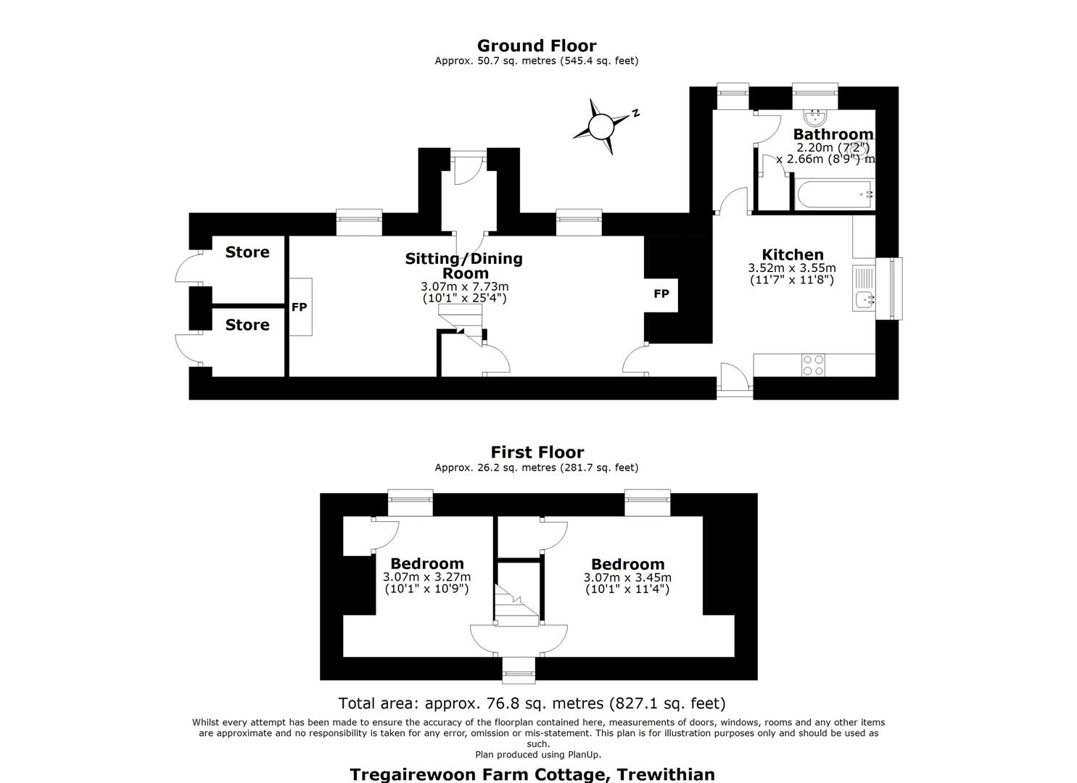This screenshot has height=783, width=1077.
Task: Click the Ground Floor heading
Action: pyautogui.click(x=537, y=46)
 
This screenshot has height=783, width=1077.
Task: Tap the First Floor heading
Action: pyautogui.click(x=537, y=452)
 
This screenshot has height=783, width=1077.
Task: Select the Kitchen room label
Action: pyautogui.click(x=793, y=254)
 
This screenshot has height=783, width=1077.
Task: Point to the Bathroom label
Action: pyautogui.click(x=833, y=134)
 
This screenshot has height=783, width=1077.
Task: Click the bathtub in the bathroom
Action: pyautogui.click(x=834, y=195)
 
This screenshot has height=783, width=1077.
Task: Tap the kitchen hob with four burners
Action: pyautogui.click(x=813, y=365)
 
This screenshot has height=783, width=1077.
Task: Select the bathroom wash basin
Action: pyautogui.click(x=815, y=117)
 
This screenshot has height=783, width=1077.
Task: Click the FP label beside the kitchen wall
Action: pyautogui.click(x=661, y=294)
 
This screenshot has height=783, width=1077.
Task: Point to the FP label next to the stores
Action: pyautogui.click(x=299, y=307)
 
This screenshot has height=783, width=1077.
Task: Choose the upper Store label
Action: pyautogui.click(x=247, y=252)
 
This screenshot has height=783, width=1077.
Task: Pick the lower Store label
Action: pyautogui.click(x=247, y=325)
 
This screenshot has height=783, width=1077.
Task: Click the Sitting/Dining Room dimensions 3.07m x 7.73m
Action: pyautogui.click(x=464, y=287)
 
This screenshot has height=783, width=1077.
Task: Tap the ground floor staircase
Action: pyautogui.click(x=460, y=325)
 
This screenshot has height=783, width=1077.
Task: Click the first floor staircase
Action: pyautogui.click(x=516, y=605)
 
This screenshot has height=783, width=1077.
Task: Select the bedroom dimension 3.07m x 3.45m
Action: pyautogui.click(x=627, y=577)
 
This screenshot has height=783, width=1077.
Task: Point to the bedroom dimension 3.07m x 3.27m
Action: pyautogui.click(x=426, y=577)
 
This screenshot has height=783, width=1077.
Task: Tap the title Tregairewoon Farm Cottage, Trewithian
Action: pyautogui.click(x=532, y=774)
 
